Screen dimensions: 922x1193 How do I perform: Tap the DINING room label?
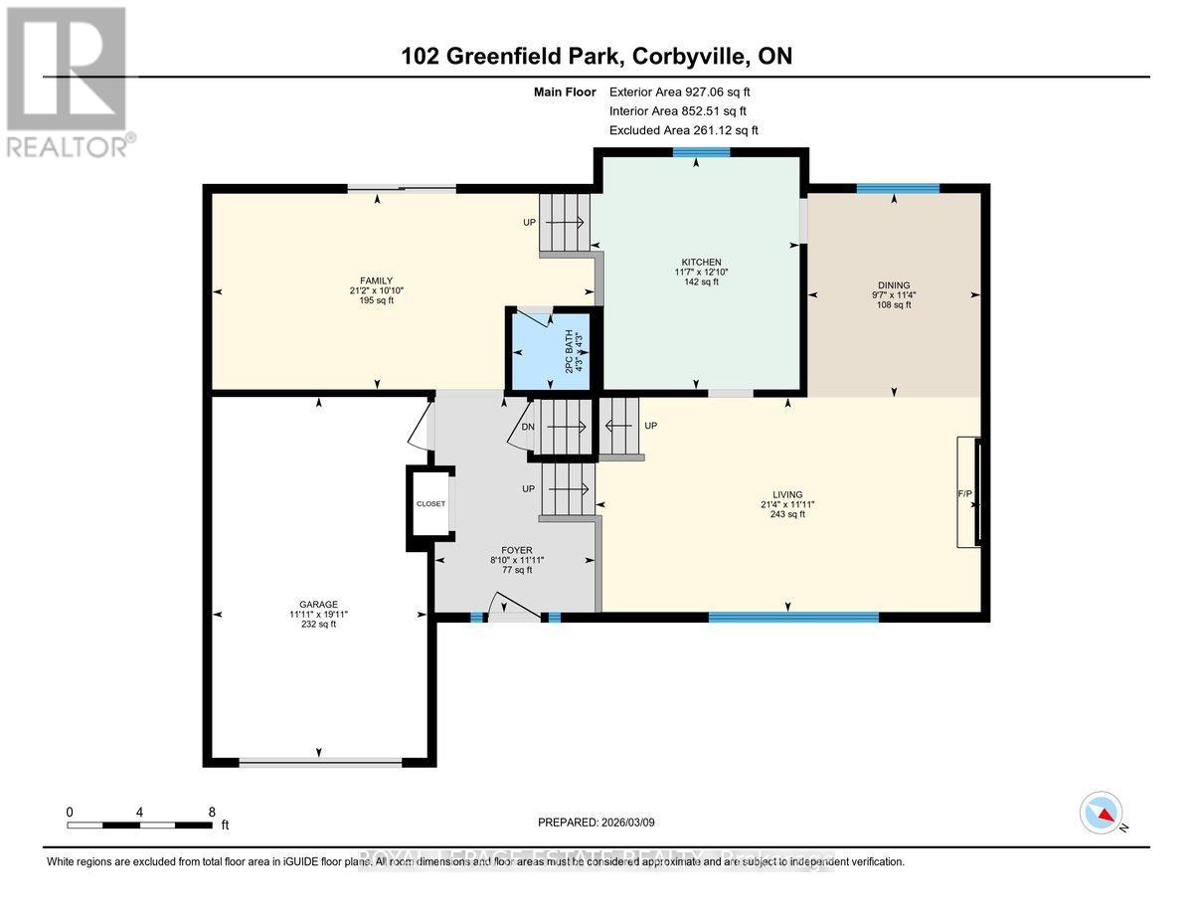coord(891,284)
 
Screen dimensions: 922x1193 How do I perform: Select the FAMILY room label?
coord(377,280)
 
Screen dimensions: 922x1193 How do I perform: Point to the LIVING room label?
coord(787,494)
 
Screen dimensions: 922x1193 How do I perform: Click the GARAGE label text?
coord(320,604)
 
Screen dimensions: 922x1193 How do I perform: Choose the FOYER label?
coord(517,550)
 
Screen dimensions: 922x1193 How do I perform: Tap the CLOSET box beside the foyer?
coord(430,504)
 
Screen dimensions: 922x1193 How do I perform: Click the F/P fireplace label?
coord(963,493)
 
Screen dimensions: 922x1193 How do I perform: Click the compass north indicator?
coord(1102,813)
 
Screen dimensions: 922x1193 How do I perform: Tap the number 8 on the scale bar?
coord(212,812)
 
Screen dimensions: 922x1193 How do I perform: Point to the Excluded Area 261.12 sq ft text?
coord(683,130)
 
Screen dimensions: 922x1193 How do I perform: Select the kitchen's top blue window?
coord(701,152)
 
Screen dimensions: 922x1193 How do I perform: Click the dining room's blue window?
coord(898,188)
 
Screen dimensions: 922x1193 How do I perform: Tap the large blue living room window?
coord(793,618)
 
